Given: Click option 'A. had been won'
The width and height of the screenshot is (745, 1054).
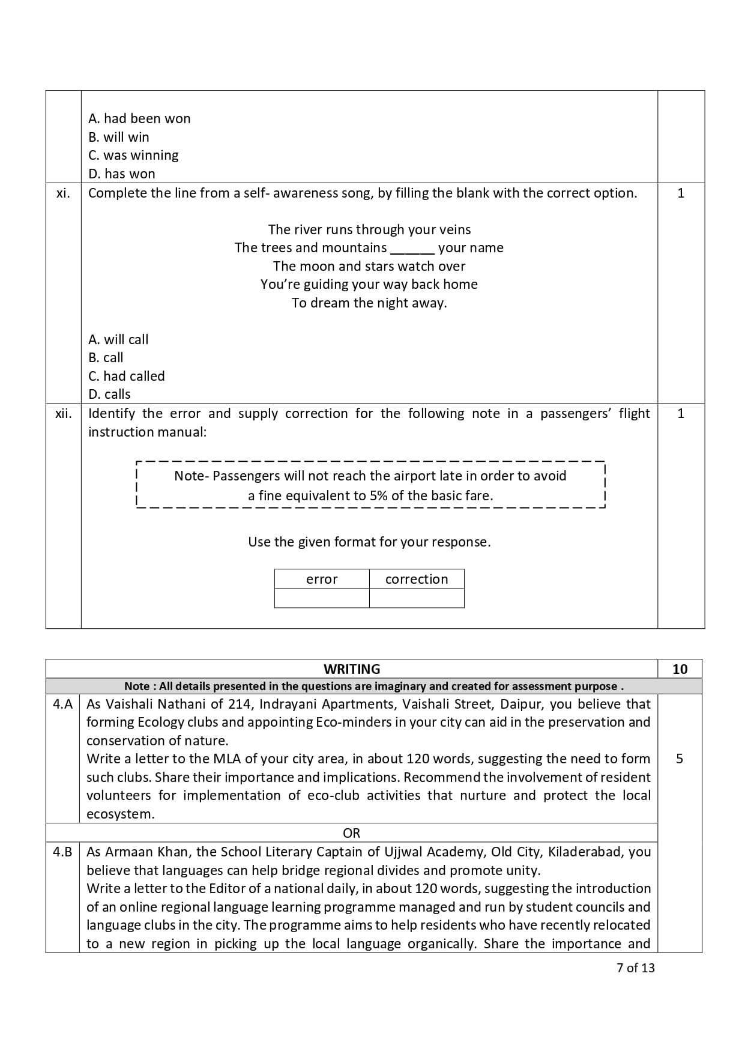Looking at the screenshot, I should (x=139, y=118).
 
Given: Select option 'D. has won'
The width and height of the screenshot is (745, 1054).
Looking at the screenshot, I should (x=121, y=174).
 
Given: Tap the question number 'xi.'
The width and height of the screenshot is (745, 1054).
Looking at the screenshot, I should (x=63, y=193).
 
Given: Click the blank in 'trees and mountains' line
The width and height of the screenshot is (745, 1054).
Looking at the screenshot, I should (x=412, y=248).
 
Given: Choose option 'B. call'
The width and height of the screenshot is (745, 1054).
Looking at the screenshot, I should (x=106, y=357).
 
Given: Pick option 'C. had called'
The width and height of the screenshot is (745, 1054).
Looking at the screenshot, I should (x=126, y=376).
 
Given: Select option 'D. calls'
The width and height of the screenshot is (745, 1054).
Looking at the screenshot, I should (x=109, y=394).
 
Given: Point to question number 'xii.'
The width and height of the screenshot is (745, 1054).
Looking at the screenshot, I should (x=63, y=413).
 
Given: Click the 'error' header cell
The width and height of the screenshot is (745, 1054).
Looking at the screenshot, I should (x=322, y=579).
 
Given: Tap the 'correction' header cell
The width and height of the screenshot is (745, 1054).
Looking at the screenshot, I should (x=417, y=579).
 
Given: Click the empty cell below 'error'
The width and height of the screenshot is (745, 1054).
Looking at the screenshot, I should (x=322, y=598).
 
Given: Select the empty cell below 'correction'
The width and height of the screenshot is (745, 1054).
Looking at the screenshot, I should (x=417, y=598).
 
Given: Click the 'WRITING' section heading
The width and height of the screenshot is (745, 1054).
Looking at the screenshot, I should (x=352, y=669).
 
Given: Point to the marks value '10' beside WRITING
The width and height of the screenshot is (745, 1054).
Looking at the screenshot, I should (x=680, y=669).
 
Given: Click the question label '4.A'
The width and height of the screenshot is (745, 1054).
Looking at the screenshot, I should (x=62, y=704).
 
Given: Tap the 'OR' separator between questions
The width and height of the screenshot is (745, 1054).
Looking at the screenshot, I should (x=352, y=833).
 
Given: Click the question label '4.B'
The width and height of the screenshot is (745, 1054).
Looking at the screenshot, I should (x=62, y=852).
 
